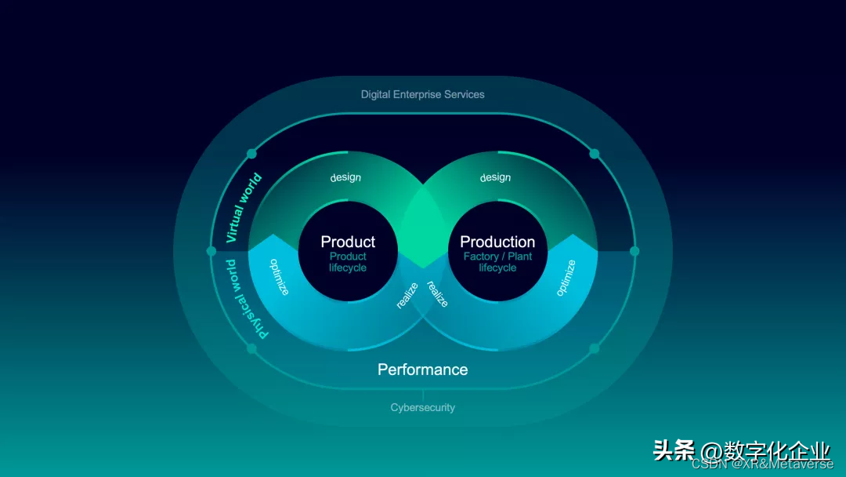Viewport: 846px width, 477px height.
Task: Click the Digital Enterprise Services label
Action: click(x=422, y=94)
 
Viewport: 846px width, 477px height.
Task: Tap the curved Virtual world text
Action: click(x=244, y=207)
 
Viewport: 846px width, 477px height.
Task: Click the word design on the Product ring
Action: click(x=345, y=177)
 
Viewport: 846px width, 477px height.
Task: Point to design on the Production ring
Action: click(x=495, y=177)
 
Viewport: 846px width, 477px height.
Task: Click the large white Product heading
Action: click(x=348, y=242)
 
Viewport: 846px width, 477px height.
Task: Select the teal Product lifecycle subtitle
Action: click(x=348, y=262)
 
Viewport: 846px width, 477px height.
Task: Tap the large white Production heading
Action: click(x=497, y=242)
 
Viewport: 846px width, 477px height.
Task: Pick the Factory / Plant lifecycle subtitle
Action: click(x=497, y=262)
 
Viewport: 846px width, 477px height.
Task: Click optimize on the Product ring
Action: click(x=280, y=277)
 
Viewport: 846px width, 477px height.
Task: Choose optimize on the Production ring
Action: click(x=566, y=278)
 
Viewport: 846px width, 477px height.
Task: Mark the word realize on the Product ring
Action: click(x=407, y=296)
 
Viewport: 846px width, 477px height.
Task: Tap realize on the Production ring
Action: click(x=437, y=293)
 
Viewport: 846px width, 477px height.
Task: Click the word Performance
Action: click(x=422, y=370)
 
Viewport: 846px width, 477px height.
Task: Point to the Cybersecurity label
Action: click(x=422, y=408)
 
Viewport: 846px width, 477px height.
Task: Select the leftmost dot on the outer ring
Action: click(x=211, y=251)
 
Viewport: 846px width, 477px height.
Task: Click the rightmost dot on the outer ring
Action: click(x=634, y=251)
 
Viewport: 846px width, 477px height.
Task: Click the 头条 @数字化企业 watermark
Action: click(x=740, y=450)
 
